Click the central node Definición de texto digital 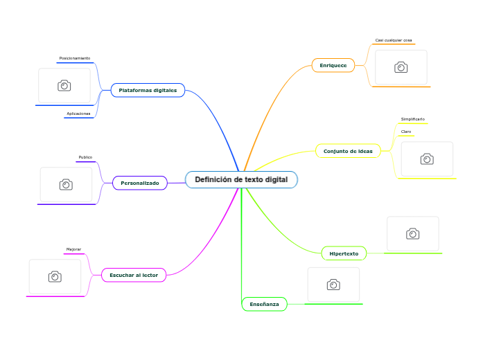[241, 180]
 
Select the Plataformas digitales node [148, 91]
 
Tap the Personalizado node [139, 183]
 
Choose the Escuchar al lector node [133, 275]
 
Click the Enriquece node [333, 65]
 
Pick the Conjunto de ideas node [348, 151]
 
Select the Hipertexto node [344, 253]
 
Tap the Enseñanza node [264, 304]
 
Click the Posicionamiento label [74, 58]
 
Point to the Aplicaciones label [78, 114]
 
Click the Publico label [85, 157]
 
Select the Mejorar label [73, 249]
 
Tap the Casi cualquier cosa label [394, 40]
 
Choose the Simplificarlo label [413, 119]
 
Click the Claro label [406, 132]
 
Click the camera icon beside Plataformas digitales [64, 85]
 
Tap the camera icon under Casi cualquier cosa [401, 67]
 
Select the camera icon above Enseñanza [333, 285]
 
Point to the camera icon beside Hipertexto [413, 234]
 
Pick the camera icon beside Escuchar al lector [55, 276]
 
